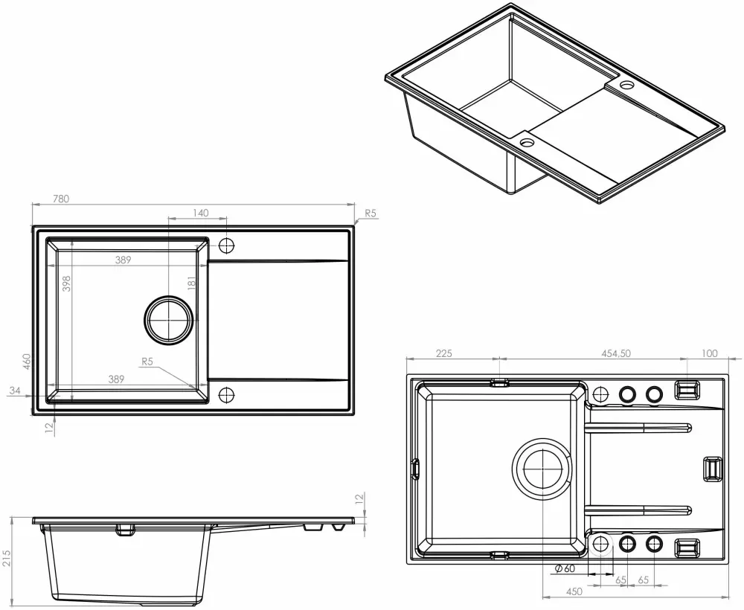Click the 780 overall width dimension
[61, 199]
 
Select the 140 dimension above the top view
[200, 213]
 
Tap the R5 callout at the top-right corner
[370, 213]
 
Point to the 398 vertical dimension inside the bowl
[67, 283]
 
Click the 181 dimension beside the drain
[192, 283]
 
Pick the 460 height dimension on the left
[27, 362]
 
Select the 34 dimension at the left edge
[15, 391]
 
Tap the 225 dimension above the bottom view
[443, 353]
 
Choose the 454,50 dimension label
[616, 353]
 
